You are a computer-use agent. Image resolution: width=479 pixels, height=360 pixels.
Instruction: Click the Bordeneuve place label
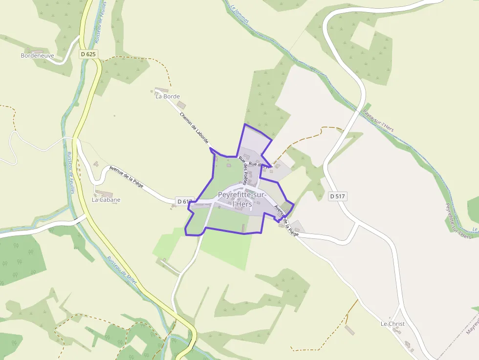click(37, 56)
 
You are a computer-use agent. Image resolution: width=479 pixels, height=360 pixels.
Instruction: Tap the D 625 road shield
click(88, 54)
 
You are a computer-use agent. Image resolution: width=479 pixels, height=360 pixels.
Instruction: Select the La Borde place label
click(168, 96)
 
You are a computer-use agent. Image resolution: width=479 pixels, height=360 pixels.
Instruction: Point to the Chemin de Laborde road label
click(194, 128)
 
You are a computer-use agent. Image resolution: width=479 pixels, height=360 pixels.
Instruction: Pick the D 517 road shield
click(337, 196)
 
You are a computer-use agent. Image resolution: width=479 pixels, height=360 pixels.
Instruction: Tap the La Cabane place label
click(106, 200)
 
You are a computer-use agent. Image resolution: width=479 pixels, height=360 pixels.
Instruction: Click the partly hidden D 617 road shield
click(184, 201)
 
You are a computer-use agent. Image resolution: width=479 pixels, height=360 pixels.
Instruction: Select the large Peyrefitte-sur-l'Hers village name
click(242, 199)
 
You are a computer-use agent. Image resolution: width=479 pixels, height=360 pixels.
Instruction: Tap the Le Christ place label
click(392, 324)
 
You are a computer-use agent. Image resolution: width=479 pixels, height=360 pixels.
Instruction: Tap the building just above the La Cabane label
click(104, 194)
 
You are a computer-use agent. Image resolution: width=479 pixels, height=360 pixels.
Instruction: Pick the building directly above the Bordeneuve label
click(37, 51)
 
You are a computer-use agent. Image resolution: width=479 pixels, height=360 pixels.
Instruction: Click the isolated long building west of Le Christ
click(349, 330)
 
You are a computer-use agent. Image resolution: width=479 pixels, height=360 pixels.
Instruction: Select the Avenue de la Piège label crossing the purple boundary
click(286, 220)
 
